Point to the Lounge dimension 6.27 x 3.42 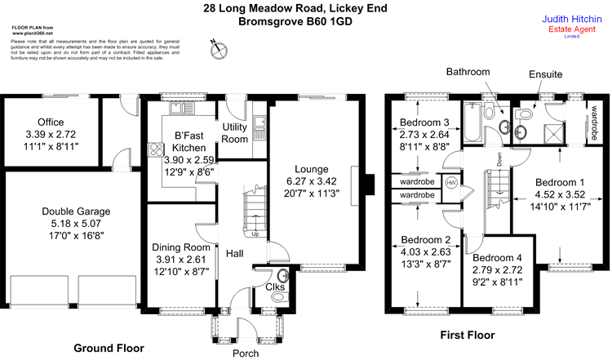pyautogui.click(x=311, y=181)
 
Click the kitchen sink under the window pyautogui.click(x=178, y=107)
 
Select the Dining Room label pyautogui.click(x=182, y=247)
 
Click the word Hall pyautogui.click(x=235, y=254)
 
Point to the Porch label pyautogui.click(x=246, y=353)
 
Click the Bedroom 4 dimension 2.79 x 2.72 pyautogui.click(x=497, y=269)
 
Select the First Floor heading pyautogui.click(x=468, y=335)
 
